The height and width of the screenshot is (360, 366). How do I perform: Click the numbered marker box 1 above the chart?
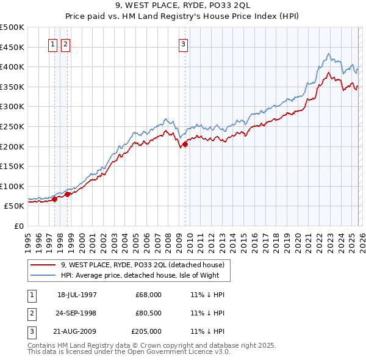click(x=52, y=43)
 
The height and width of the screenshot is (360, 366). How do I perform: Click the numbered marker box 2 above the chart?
click(x=65, y=43)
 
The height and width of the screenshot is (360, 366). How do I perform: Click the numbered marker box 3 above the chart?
click(x=183, y=43)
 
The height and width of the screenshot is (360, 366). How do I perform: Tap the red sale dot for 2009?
click(x=185, y=144)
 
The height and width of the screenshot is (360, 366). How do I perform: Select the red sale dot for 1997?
click(x=55, y=198)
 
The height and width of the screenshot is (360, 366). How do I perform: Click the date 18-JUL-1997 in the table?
click(x=77, y=294)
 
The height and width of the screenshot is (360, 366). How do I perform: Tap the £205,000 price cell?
click(x=146, y=331)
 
